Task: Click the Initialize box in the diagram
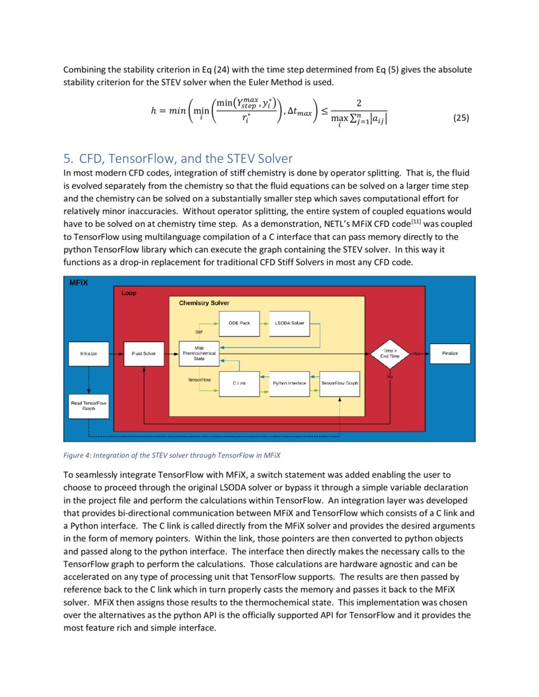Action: coord(89,354)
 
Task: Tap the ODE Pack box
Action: coord(239,323)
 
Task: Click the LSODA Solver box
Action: coord(289,323)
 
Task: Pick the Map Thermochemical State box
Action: coord(199,353)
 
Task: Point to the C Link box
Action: coord(239,383)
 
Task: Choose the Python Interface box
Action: coord(289,383)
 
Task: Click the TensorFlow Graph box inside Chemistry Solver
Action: coord(340,383)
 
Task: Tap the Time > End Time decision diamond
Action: coord(389,353)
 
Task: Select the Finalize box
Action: coord(450,354)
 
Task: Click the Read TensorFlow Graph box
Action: coord(89,406)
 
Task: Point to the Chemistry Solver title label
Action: coord(204,304)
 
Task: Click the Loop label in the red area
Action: coord(129,293)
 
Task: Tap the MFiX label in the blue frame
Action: coord(79,283)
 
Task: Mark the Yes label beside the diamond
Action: coord(416,353)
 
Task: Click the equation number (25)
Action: coord(461,118)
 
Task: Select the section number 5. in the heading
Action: coord(68,159)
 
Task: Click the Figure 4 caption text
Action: coord(171,455)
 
